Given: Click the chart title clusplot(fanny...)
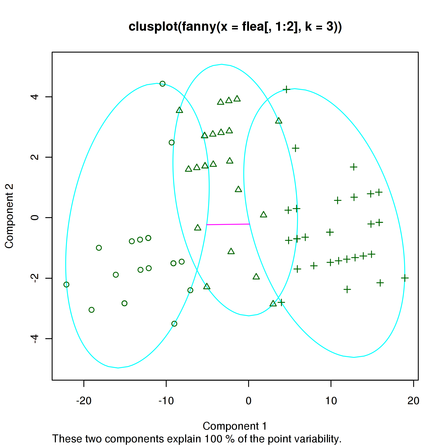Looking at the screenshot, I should coord(235,27).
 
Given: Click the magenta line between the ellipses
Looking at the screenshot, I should coord(228,224).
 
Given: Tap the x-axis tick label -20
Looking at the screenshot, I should coord(84,401).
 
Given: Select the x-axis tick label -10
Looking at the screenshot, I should coord(166,401).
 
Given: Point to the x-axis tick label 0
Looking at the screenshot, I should coord(248,401).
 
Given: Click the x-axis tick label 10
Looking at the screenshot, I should coord(331,401).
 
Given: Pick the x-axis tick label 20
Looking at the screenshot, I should coord(413,401).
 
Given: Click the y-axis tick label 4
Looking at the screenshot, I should coord(35,97).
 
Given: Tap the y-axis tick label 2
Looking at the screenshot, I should coord(35,157).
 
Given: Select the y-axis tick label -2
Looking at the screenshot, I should coord(35,278).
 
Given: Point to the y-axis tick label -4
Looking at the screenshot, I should coord(35,338).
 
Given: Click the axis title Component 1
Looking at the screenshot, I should coord(235,426).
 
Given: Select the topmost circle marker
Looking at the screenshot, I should coord(162,84).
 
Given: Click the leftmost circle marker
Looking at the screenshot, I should coord(66,284).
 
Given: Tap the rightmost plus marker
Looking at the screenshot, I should coord(405,278).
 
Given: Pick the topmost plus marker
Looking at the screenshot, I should coord(286,90).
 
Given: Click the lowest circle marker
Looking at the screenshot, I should coord(174,324).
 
